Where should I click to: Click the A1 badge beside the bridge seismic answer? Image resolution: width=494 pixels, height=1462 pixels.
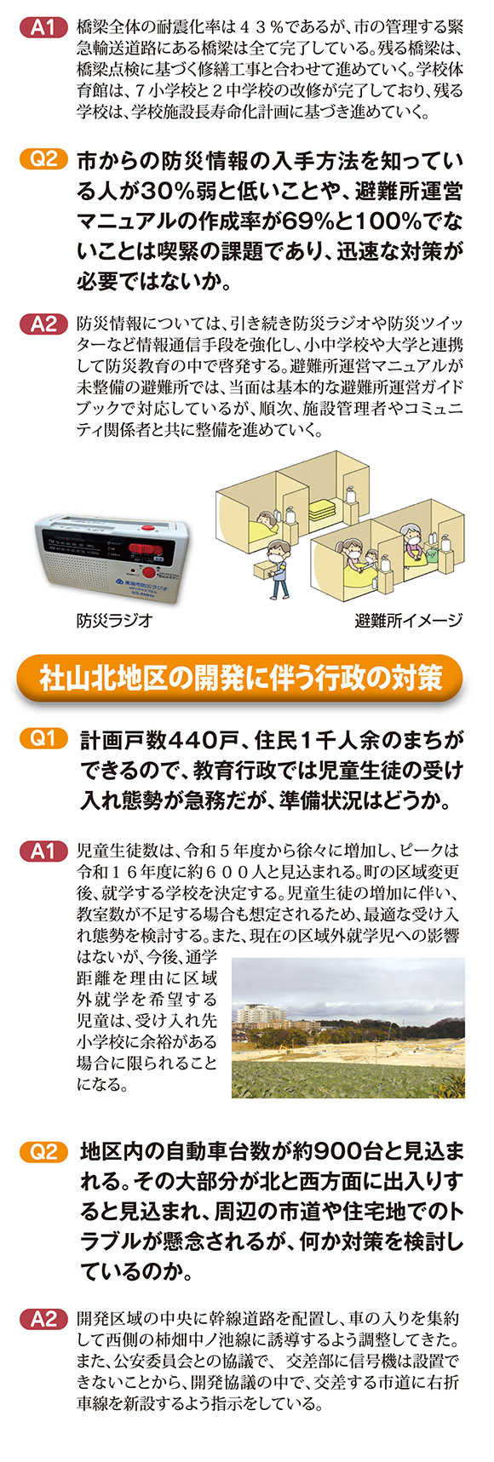(43, 28)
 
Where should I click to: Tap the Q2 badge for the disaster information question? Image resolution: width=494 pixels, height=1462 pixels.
(43, 158)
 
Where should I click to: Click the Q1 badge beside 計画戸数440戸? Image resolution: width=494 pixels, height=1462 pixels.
(43, 738)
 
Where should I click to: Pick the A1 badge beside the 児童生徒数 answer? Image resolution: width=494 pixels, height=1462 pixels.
(43, 851)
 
